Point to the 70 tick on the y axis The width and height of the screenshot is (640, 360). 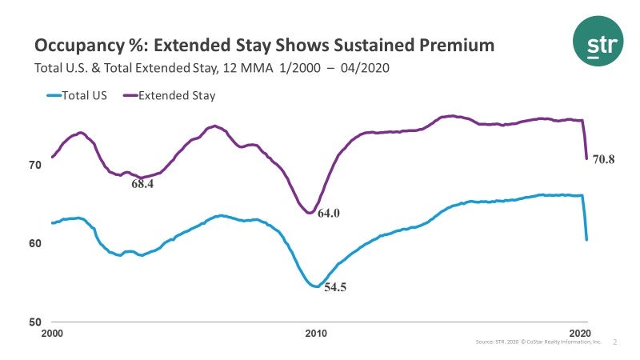[35, 166]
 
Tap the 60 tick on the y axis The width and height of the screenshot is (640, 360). [35, 243]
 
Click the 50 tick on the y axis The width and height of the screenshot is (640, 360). [35, 322]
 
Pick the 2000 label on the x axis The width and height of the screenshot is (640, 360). [51, 333]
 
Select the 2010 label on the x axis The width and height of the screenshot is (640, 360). [316, 333]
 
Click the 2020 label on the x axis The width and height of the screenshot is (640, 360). [580, 333]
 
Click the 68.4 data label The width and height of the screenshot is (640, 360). [142, 184]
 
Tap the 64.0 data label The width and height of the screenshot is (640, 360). [329, 214]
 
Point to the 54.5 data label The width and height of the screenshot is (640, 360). [334, 286]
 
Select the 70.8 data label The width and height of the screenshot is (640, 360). [602, 159]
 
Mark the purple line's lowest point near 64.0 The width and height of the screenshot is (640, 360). [309, 212]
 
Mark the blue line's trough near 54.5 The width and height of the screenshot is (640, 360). [315, 286]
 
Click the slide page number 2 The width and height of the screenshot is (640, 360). [615, 342]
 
